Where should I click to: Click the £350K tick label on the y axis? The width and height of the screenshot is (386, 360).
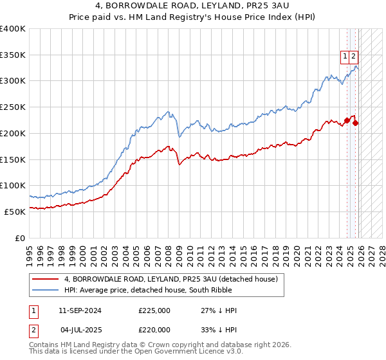13,55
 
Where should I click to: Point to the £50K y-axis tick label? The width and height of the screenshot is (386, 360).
15,212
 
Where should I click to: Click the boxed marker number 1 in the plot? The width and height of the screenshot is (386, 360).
345,57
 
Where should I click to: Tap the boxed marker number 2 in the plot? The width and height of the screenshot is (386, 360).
354,57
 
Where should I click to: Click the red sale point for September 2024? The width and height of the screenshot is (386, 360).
347,120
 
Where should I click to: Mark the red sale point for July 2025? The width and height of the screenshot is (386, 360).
356,123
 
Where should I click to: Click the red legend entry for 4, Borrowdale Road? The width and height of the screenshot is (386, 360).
170,279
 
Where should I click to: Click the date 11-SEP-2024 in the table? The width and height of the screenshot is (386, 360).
80,310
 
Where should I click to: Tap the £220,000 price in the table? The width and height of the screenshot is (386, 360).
154,330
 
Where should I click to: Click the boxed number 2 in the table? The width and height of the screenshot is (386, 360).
31,330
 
